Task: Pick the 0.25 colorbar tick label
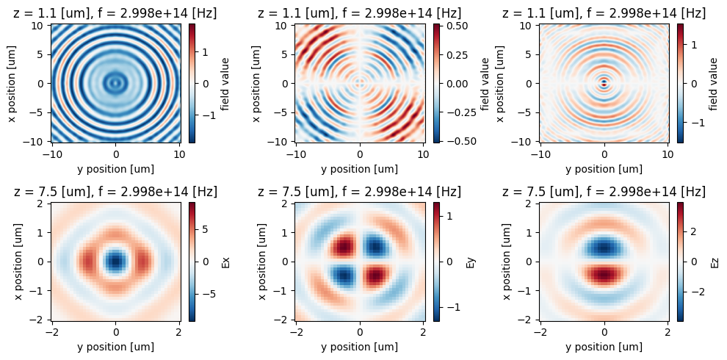455,56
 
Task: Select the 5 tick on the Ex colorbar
206,229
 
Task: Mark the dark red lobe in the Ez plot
604,275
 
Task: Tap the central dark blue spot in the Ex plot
115,262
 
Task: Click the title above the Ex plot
115,192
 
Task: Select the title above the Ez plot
604,192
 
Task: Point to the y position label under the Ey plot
360,347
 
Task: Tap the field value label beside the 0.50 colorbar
485,83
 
